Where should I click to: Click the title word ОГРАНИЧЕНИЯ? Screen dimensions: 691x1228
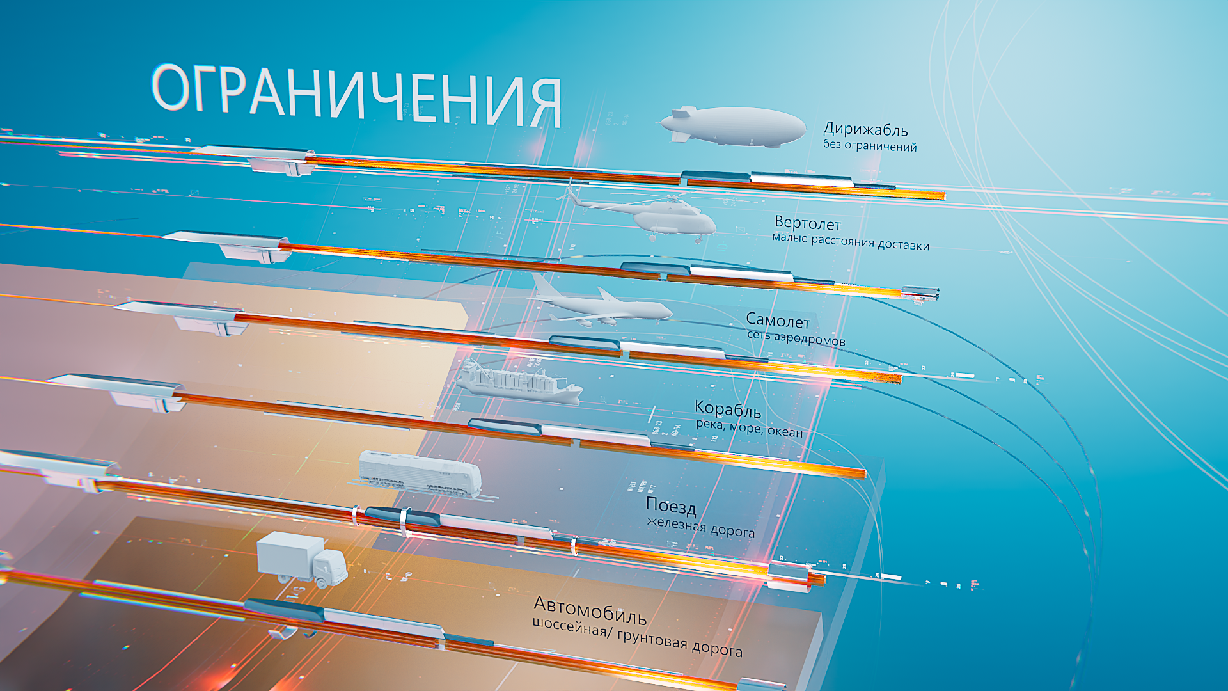tap(356, 95)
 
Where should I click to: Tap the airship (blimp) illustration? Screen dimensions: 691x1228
tap(736, 126)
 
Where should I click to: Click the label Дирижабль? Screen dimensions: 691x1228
tap(865, 130)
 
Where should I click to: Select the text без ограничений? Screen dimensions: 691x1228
tap(869, 146)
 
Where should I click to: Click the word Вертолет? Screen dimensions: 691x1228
tap(808, 224)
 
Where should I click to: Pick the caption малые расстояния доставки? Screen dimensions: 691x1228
tap(850, 242)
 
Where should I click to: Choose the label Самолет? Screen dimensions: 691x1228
tap(778, 321)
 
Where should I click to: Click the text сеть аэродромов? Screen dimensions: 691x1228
tap(796, 338)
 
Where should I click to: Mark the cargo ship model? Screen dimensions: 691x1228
tap(518, 384)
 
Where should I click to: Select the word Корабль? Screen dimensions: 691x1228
tap(727, 409)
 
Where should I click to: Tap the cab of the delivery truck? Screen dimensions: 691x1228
tap(331, 566)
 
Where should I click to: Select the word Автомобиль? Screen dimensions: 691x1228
tap(590, 610)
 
